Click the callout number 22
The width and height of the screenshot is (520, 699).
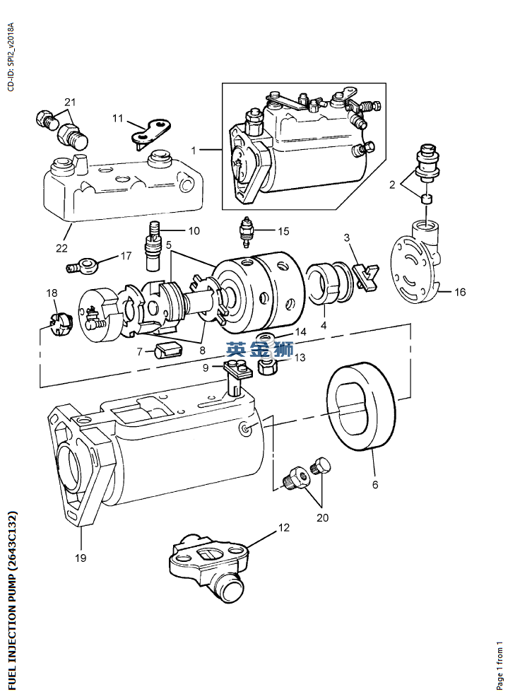click(x=62, y=248)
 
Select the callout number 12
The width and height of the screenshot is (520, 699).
click(x=283, y=527)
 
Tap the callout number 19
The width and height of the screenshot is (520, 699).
click(x=81, y=558)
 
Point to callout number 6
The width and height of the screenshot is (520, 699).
click(x=374, y=485)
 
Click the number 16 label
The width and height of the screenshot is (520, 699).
click(x=460, y=292)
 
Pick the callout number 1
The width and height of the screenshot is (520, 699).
click(x=194, y=150)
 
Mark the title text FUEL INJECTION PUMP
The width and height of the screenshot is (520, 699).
click(x=12, y=600)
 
